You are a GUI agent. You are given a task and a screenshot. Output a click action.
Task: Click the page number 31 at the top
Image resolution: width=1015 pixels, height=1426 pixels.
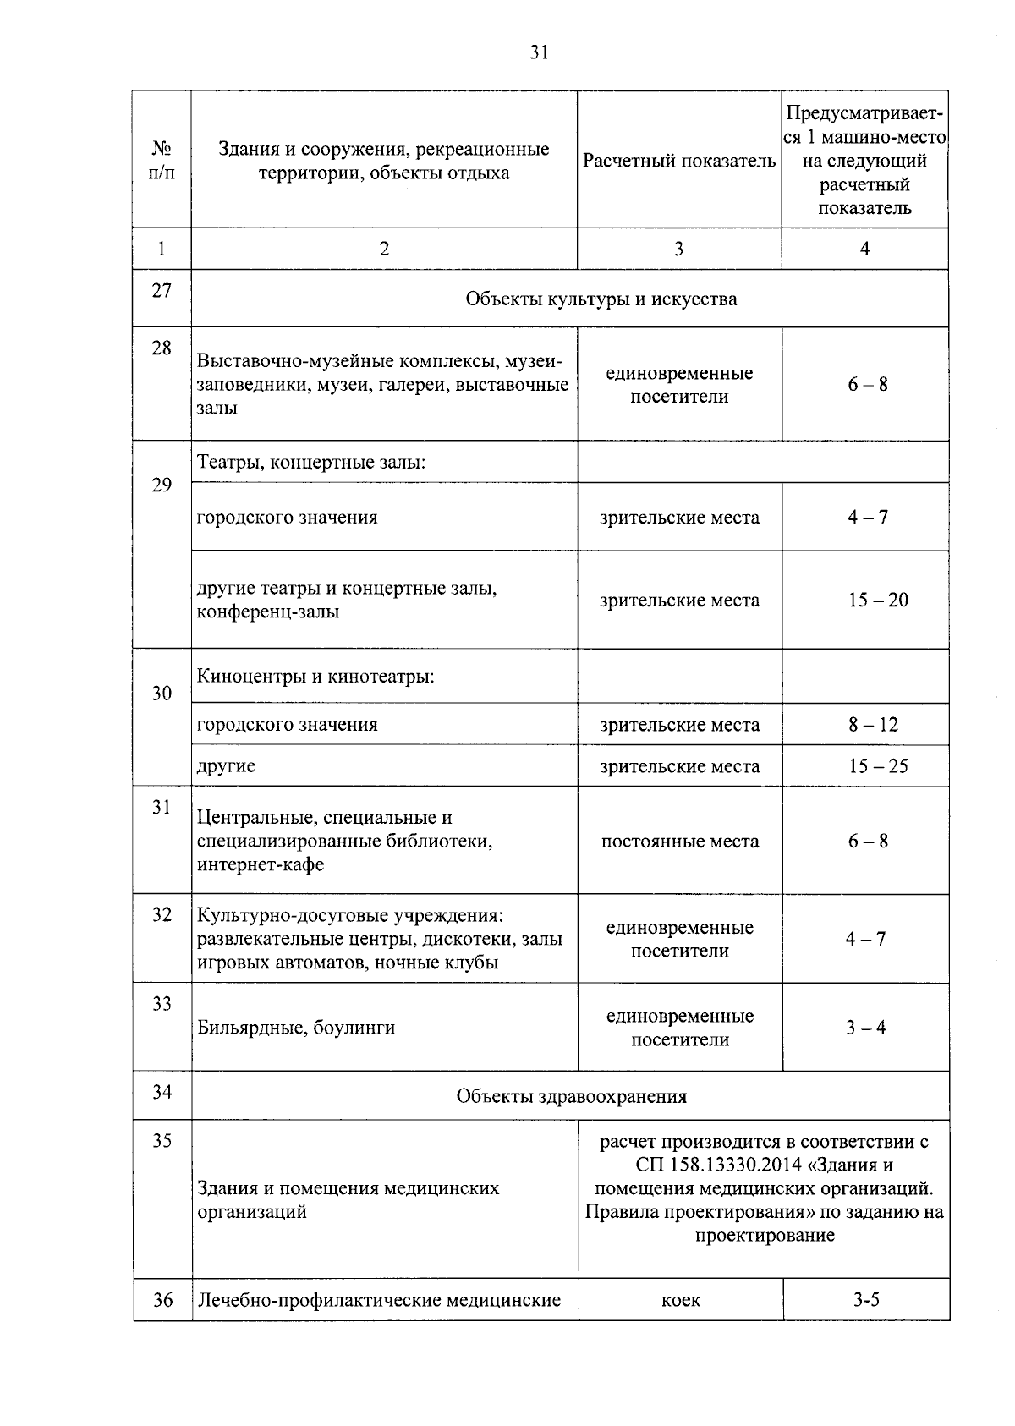pos(539,52)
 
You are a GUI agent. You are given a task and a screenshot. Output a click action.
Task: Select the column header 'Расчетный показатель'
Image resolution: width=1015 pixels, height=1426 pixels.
pos(678,161)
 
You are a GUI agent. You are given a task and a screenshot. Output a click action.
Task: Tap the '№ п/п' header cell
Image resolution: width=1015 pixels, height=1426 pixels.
pos(162,161)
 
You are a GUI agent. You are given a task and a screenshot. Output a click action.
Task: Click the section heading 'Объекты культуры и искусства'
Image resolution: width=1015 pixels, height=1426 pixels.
pos(601,299)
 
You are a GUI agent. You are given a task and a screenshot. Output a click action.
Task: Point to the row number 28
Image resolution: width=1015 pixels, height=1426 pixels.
pos(162,348)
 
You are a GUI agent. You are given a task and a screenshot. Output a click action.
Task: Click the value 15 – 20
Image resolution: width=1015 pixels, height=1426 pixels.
pos(878,601)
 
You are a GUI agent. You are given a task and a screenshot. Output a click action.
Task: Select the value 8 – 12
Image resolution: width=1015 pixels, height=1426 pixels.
pos(873,725)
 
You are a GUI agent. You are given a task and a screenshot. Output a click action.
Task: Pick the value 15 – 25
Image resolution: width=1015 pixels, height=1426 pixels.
pos(878,766)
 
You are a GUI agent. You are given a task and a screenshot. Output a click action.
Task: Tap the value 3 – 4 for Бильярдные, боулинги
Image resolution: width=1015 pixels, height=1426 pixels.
pos(866,1028)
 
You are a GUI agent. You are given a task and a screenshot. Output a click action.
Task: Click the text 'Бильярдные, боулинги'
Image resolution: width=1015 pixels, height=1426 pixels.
pos(296,1028)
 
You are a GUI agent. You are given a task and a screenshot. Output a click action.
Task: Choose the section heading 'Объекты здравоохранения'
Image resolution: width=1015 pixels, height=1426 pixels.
pos(571,1097)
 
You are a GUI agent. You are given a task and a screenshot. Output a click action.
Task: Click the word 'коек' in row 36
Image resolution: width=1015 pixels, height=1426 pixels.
pos(680,1300)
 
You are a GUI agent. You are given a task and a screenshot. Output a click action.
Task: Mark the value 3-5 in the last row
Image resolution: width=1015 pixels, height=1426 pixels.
pos(866,1300)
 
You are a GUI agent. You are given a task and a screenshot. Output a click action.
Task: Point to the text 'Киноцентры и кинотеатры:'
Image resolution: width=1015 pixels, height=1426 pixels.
pos(315,677)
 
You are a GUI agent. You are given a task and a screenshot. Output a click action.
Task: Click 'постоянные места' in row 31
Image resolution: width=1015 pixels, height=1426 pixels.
pos(680,842)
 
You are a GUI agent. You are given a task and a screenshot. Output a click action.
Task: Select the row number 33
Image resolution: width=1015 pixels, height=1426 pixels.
pos(162,1004)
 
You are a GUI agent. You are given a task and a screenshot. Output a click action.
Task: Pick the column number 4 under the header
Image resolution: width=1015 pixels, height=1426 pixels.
pos(864,249)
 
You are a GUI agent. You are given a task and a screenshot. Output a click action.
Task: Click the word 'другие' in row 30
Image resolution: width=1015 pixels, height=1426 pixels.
pos(226,766)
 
